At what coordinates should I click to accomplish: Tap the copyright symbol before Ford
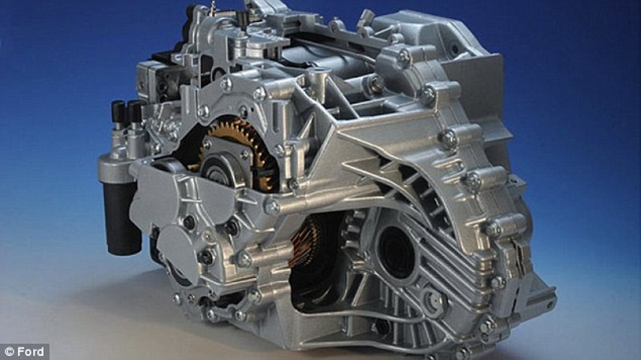(x=10, y=352)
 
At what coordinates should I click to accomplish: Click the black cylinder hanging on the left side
(x=122, y=218)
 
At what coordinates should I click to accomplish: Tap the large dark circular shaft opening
(x=396, y=251)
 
